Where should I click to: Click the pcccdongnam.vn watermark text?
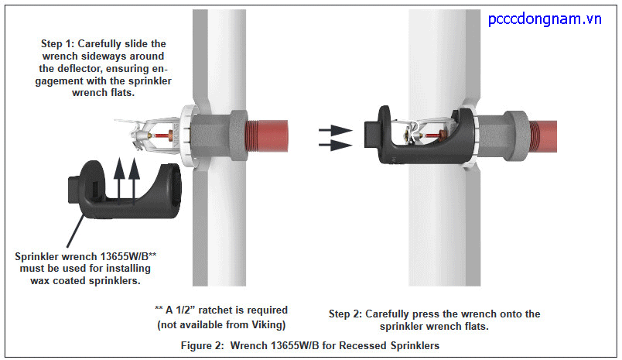pyautogui.click(x=545, y=19)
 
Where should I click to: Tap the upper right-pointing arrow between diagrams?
pyautogui.click(x=333, y=130)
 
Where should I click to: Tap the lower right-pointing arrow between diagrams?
pyautogui.click(x=333, y=144)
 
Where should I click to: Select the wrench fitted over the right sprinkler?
pyautogui.click(x=418, y=137)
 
